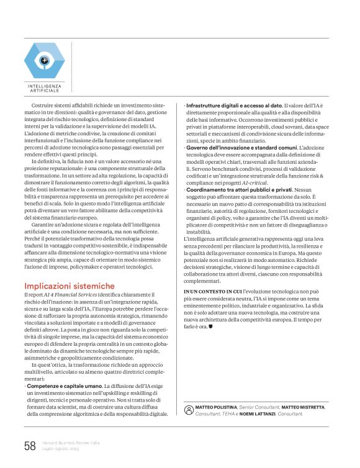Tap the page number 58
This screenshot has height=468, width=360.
(x=30, y=445)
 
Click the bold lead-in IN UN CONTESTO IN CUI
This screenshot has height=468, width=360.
(x=208, y=290)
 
